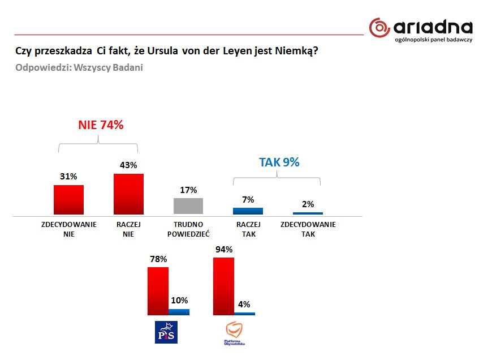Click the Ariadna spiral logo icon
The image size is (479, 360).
pos(380,28)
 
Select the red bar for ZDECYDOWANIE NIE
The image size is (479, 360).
pos(68,199)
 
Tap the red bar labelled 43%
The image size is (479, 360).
pos(128,194)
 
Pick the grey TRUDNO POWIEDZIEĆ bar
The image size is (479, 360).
pos(188,206)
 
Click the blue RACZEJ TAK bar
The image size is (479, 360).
pos(248,211)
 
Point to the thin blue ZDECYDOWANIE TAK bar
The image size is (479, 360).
pos(308,213)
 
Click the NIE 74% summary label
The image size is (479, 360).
pos(100,125)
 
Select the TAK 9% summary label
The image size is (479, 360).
pos(279,162)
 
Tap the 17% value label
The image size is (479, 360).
pos(188,190)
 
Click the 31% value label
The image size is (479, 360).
pos(68,177)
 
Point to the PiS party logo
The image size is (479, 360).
pos(166,332)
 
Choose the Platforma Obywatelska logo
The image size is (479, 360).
pos(233,333)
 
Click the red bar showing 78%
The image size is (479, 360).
pos(158,291)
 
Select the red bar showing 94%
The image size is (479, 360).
pos(223,286)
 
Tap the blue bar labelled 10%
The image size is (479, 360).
pos(179,312)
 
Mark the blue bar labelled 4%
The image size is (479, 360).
pos(244,314)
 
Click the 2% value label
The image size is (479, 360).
pos(308,204)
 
